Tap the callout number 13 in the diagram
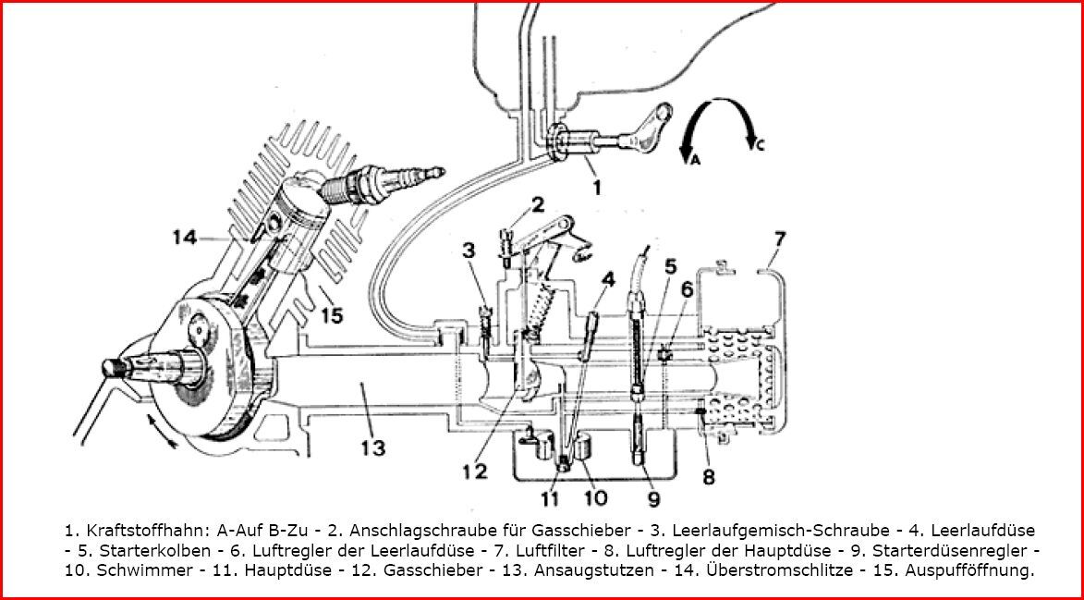point(373,447)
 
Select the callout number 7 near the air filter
point(779,239)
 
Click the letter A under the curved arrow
point(696,160)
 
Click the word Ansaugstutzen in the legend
point(610,571)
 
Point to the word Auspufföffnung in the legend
point(976,571)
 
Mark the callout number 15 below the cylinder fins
point(332,316)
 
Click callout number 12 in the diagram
point(476,471)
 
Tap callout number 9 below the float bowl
point(654,497)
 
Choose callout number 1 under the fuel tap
point(597,188)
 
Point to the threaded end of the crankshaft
point(114,367)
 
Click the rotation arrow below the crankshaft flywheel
point(161,430)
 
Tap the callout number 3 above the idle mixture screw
point(469,251)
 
